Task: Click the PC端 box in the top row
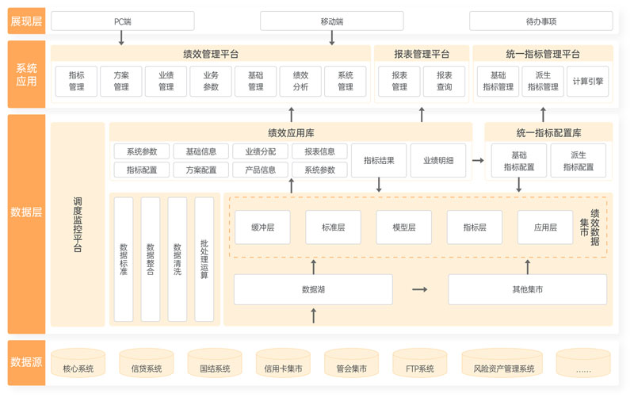(122, 21)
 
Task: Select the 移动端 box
(331, 21)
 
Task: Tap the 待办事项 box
(540, 21)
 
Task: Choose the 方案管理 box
(121, 81)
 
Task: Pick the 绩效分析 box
(300, 81)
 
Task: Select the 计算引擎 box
(587, 81)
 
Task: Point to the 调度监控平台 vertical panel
(78, 224)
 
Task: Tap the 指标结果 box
(379, 160)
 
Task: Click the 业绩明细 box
(438, 160)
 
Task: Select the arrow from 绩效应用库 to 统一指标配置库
(478, 160)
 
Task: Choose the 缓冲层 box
(262, 227)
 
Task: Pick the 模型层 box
(403, 227)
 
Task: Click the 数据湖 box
(313, 289)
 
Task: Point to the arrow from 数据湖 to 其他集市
(420, 289)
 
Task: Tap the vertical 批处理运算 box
(204, 259)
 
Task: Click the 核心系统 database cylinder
(78, 365)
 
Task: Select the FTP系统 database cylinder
(420, 365)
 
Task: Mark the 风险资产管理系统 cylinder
(503, 365)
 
